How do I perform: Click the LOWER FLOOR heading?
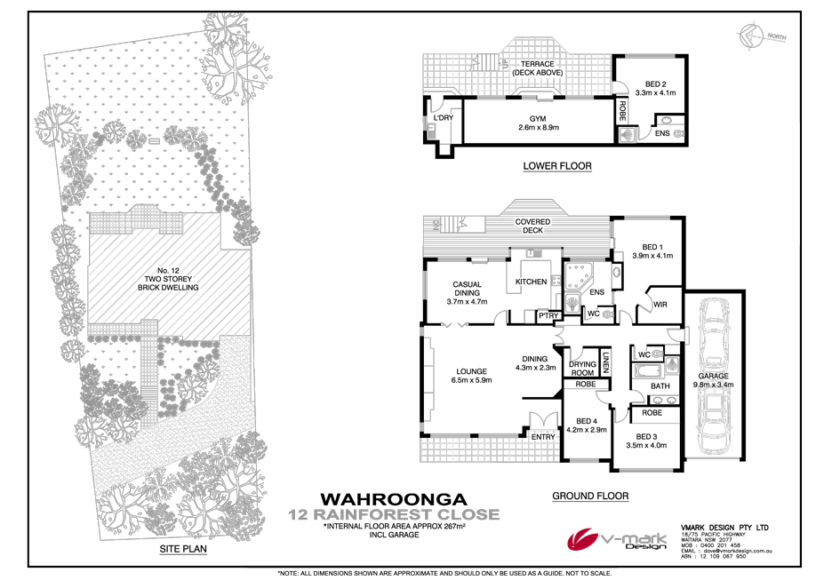(x=557, y=166)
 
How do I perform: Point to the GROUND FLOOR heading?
(x=590, y=496)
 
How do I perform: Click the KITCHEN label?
(x=532, y=282)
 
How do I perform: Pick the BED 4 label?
(x=586, y=421)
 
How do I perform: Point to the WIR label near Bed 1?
(x=660, y=305)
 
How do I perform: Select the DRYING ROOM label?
(x=582, y=368)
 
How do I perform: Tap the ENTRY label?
(x=542, y=437)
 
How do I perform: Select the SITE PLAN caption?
(x=184, y=551)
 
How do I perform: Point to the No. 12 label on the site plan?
(x=157, y=269)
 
